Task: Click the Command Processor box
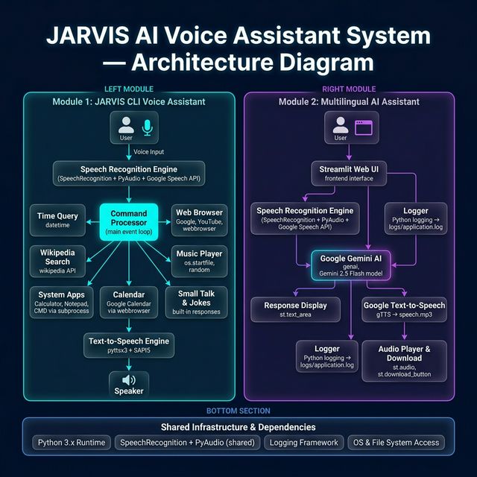[x=128, y=221]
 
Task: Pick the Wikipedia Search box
[x=57, y=262]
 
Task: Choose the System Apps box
[x=61, y=303]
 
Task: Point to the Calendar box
[x=128, y=303]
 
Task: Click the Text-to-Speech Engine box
[x=128, y=345]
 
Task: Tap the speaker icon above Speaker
[x=128, y=379]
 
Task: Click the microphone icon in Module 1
[x=147, y=127]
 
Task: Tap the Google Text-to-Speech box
[x=404, y=310]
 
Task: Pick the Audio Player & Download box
[x=403, y=361]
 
